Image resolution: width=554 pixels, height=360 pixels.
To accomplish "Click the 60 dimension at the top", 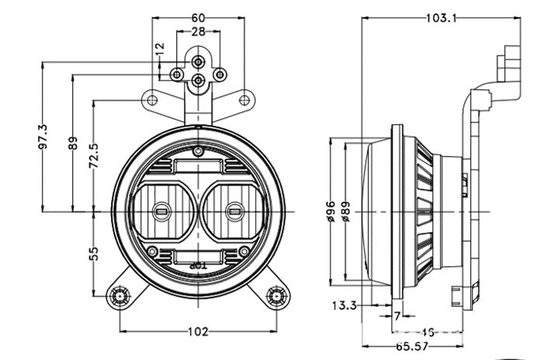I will tap(199, 16).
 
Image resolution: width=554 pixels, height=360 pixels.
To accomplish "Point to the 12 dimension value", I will tap(161, 48).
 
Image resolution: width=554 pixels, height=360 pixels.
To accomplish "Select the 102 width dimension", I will tap(199, 332).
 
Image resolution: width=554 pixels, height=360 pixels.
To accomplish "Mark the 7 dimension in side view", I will tap(397, 317).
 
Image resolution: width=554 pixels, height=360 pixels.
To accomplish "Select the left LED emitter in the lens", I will tap(163, 209).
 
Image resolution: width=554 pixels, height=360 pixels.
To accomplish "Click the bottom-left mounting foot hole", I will tap(119, 295).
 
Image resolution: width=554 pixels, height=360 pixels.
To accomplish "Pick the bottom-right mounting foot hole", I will tap(276, 295).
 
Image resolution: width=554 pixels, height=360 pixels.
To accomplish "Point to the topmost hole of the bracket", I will tap(199, 60).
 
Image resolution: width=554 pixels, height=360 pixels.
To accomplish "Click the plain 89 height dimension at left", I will tap(72, 142).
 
